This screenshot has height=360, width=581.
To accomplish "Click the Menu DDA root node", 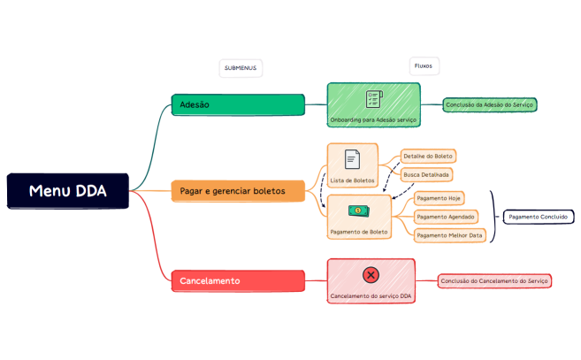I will click(x=68, y=190).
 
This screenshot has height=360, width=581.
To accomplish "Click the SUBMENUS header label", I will click(x=241, y=68).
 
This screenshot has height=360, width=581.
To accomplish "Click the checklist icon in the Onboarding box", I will click(x=374, y=98).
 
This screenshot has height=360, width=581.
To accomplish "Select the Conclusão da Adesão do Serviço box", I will click(x=490, y=104).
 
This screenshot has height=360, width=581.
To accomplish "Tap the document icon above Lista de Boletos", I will click(x=352, y=160).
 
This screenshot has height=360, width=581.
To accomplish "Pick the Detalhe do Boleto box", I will click(x=428, y=156).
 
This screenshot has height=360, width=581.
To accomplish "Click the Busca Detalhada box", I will click(x=428, y=174).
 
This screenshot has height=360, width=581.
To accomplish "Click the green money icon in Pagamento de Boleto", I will click(x=358, y=211).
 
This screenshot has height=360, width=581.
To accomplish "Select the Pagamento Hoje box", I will click(x=439, y=198).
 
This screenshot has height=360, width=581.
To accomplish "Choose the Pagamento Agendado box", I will click(x=446, y=217).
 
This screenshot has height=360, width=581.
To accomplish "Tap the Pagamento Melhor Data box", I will click(x=449, y=235).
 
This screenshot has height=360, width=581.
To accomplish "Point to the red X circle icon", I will click(x=371, y=275).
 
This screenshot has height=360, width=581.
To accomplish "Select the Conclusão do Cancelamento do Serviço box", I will click(x=494, y=280).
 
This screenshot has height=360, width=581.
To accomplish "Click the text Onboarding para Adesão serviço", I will click(x=372, y=119).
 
